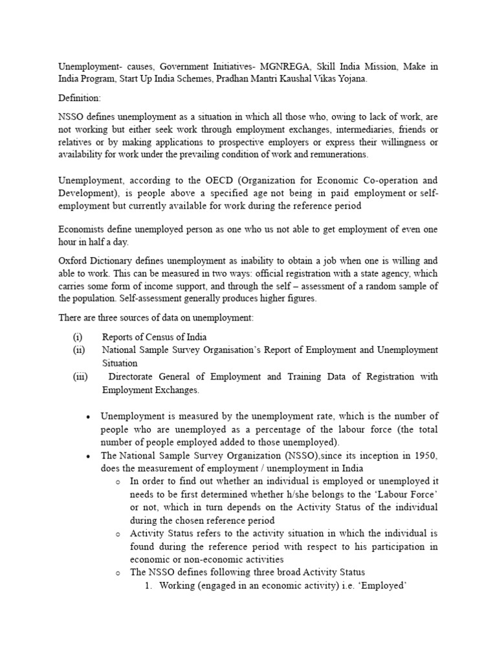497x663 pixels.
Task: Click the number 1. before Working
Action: coord(148,586)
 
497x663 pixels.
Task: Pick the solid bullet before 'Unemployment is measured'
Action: coord(87,416)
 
